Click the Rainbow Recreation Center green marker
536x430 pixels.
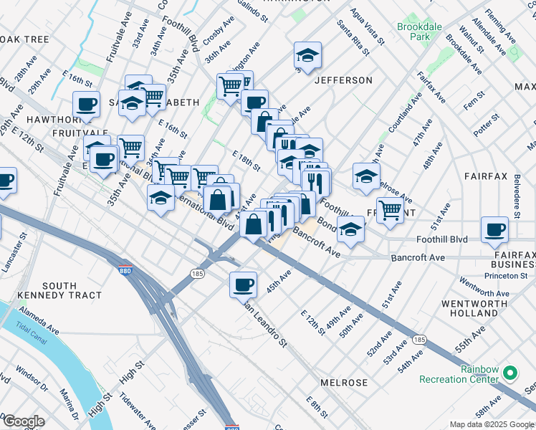(510, 373)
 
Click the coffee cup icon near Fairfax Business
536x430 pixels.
(494, 230)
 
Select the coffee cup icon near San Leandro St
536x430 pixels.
(243, 285)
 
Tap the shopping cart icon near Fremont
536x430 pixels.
(389, 211)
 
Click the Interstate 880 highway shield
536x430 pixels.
(125, 270)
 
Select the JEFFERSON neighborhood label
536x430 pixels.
(343, 80)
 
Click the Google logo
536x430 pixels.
(23, 421)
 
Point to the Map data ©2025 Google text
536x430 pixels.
(492, 424)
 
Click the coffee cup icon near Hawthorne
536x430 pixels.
(86, 105)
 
